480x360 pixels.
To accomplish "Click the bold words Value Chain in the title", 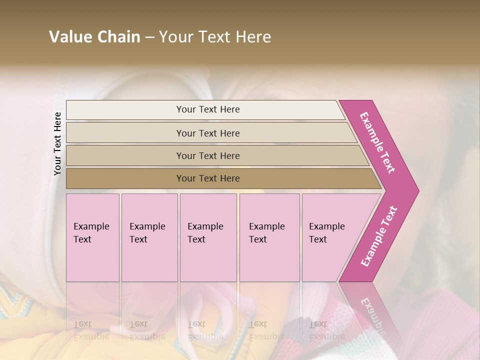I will click(x=94, y=37).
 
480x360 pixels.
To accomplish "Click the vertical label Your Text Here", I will click(x=57, y=143).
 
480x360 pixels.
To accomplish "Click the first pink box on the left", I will click(x=92, y=237).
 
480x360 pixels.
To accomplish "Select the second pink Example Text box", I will click(x=149, y=237).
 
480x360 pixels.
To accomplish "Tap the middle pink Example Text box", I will click(x=208, y=237).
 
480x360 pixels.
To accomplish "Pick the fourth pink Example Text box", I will click(x=269, y=237).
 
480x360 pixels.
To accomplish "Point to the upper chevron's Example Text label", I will click(x=377, y=142).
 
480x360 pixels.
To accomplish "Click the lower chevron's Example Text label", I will click(x=379, y=236).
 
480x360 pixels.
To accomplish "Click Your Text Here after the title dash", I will click(x=215, y=37).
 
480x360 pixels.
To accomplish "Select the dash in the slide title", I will click(x=149, y=37).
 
